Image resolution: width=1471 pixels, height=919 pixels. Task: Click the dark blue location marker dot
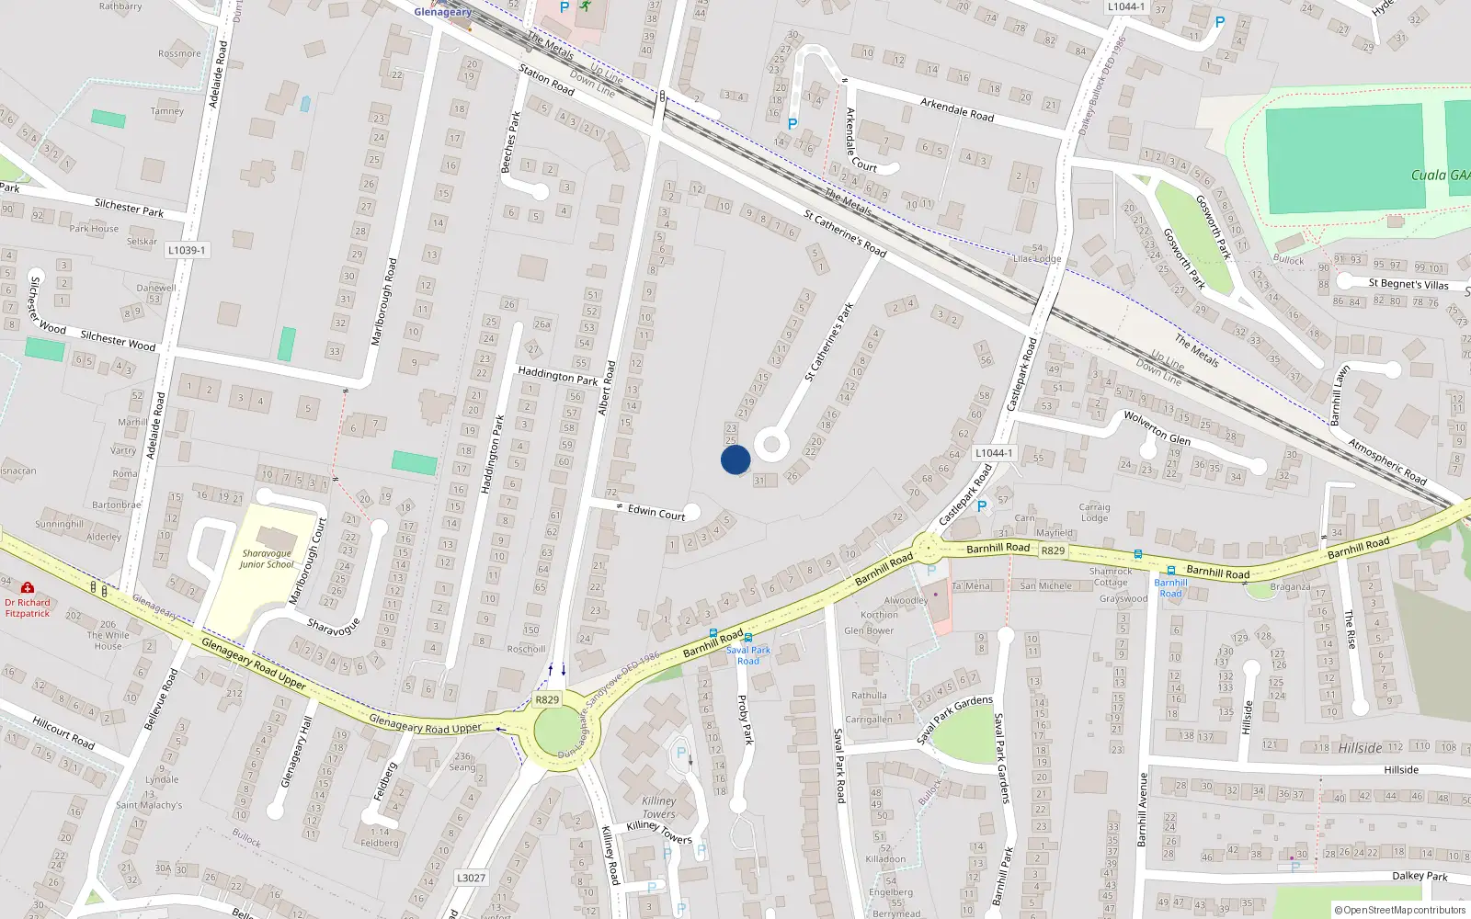click(x=735, y=459)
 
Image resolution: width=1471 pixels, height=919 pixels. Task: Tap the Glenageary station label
click(x=442, y=12)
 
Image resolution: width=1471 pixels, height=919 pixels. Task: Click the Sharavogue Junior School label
click(x=267, y=559)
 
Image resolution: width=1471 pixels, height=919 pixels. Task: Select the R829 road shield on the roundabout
click(x=547, y=699)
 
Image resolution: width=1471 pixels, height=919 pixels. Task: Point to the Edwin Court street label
click(x=656, y=513)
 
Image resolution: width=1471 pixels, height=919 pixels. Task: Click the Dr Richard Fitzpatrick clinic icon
click(x=28, y=587)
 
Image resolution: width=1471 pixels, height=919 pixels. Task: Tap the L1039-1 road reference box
click(x=188, y=250)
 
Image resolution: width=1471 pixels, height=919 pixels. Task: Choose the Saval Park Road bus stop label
click(x=748, y=655)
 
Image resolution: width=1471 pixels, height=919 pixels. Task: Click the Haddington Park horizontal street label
click(x=557, y=375)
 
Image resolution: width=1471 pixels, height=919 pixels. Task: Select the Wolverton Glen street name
click(x=1157, y=428)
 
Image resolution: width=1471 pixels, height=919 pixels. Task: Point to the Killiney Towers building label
click(x=659, y=807)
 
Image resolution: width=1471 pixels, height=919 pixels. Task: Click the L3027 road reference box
click(x=471, y=878)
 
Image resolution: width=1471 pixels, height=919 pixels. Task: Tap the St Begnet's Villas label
click(x=1408, y=284)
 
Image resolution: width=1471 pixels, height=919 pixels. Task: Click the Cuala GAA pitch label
click(x=1440, y=175)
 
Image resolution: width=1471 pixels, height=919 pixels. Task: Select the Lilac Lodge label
click(x=1036, y=259)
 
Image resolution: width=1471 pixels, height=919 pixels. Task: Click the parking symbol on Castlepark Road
click(x=982, y=506)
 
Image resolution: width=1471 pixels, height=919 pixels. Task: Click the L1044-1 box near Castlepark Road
click(x=994, y=453)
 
